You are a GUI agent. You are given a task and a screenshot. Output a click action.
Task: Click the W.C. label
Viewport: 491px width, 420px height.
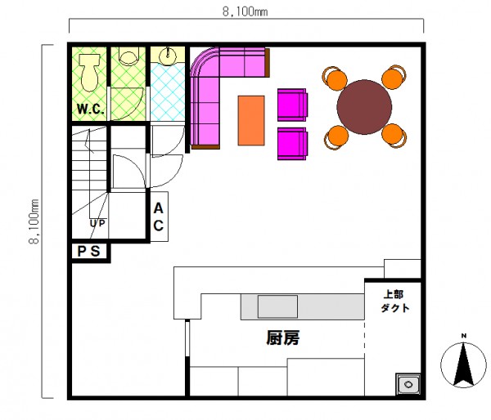pyautogui.click(x=91, y=109)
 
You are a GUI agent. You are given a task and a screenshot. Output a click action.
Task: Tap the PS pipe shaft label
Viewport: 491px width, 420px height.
pyautogui.click(x=88, y=251)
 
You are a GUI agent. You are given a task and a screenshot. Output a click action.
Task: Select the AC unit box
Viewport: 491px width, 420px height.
pyautogui.click(x=159, y=217)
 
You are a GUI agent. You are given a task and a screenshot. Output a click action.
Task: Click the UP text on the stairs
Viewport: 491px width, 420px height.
pyautogui.click(x=97, y=223)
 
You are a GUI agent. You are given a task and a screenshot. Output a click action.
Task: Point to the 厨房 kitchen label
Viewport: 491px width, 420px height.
pyautogui.click(x=283, y=337)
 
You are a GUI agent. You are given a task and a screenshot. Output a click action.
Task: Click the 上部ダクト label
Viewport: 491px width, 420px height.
pyautogui.click(x=395, y=302)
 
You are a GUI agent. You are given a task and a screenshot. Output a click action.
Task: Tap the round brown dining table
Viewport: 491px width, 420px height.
pyautogui.click(x=364, y=107)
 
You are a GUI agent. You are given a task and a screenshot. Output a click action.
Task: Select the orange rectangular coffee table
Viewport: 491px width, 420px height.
pyautogui.click(x=251, y=120)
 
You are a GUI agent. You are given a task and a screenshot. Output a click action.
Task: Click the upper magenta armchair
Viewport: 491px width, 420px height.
pyautogui.click(x=292, y=105)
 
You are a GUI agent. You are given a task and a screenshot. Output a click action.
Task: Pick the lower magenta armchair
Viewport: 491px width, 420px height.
pyautogui.click(x=292, y=144)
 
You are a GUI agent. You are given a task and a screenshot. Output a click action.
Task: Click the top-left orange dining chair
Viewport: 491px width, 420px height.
pyautogui.click(x=335, y=78)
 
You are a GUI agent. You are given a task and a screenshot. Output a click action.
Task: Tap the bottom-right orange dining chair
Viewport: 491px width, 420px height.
pyautogui.click(x=394, y=135)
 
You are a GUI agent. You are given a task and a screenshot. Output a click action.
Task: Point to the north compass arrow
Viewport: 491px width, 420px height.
pyautogui.click(x=464, y=364)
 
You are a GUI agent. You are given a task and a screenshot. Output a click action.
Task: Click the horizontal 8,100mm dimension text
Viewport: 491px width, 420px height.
pyautogui.click(x=245, y=12)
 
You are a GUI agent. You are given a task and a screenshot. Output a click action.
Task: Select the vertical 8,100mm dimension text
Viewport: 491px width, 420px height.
pyautogui.click(x=34, y=221)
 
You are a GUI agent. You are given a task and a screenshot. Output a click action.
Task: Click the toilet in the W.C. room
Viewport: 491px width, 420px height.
pyautogui.click(x=89, y=73)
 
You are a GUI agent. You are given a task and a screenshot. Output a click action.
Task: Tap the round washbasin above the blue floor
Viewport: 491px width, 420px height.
pyautogui.click(x=168, y=56)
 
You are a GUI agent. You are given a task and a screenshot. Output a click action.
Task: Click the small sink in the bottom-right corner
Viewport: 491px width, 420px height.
pyautogui.click(x=408, y=384)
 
